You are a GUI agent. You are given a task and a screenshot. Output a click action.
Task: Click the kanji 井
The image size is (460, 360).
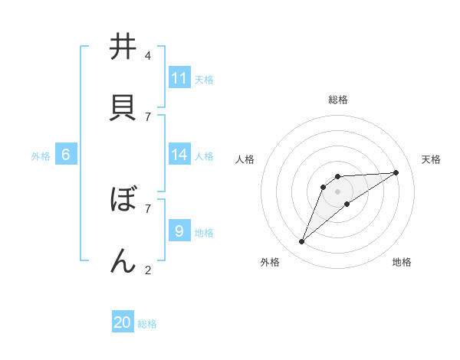point(123,47)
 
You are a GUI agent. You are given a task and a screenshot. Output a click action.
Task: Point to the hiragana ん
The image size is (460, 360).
point(123,260)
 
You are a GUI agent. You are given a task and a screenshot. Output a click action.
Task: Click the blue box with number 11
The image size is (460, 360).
point(179,78)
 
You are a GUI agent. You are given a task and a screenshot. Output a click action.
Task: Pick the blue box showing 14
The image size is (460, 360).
point(179,155)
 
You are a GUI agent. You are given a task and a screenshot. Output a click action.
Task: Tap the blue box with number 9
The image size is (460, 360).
point(179,231)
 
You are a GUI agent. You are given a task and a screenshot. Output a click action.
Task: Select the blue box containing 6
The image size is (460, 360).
point(65,155)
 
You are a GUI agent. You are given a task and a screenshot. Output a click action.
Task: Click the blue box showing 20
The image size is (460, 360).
point(123,322)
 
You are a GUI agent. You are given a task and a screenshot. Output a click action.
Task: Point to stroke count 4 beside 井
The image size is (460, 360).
point(148,56)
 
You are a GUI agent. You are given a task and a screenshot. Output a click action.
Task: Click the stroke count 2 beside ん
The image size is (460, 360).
point(148,270)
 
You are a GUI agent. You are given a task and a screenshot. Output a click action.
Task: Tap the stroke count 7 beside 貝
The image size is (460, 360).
point(148,116)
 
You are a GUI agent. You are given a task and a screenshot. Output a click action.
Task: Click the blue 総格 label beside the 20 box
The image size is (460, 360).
point(147,324)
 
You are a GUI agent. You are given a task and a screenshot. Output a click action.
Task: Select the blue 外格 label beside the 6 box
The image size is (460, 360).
point(41,156)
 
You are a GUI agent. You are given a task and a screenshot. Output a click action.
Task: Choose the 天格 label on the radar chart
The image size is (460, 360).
point(431,159)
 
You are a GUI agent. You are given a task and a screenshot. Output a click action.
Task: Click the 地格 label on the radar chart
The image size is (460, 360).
point(402,262)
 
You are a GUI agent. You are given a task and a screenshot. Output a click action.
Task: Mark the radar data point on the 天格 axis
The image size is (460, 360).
point(396,172)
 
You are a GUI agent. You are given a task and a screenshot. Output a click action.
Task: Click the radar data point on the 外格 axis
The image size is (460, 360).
point(301,242)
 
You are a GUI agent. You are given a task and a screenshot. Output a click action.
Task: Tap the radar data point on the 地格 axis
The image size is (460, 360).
point(347,204)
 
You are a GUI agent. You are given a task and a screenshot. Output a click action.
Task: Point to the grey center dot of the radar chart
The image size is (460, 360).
point(338,191)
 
